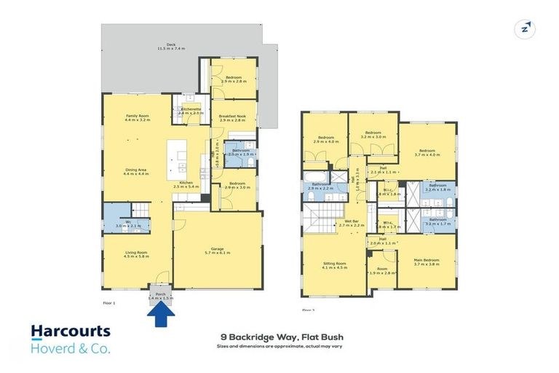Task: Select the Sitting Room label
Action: (335, 264)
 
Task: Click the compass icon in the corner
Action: (525, 29)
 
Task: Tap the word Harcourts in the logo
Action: (71, 332)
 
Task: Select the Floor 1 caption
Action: (109, 301)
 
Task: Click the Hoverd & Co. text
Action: (71, 349)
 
